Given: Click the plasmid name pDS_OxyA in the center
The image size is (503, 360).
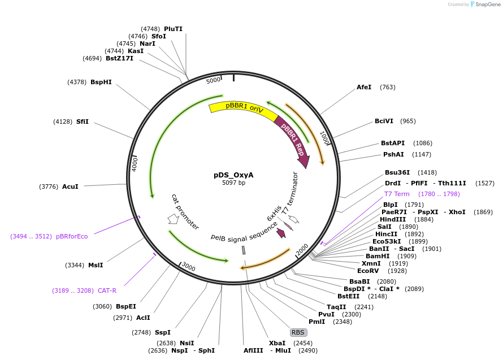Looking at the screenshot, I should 233,175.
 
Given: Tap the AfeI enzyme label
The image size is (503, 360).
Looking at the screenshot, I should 364,87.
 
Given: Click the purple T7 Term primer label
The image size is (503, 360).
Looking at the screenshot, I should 397,194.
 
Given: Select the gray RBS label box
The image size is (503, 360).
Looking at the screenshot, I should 298,332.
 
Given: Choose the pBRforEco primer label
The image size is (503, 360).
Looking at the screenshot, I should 72,236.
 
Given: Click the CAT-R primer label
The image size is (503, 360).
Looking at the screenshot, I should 107,290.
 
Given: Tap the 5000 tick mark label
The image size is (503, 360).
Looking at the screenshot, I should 213,81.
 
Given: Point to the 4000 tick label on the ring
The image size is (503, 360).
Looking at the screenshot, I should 135,164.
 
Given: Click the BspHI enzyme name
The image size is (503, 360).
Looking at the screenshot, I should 101,82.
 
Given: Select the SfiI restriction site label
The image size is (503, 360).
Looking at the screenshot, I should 83,122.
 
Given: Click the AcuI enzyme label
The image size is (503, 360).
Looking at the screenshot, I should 70,186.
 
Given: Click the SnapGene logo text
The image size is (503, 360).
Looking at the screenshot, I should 486,5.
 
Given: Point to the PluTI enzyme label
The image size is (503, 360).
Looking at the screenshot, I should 173,29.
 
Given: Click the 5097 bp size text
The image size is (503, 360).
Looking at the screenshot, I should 233,183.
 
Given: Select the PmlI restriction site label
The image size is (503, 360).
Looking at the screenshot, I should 316,322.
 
